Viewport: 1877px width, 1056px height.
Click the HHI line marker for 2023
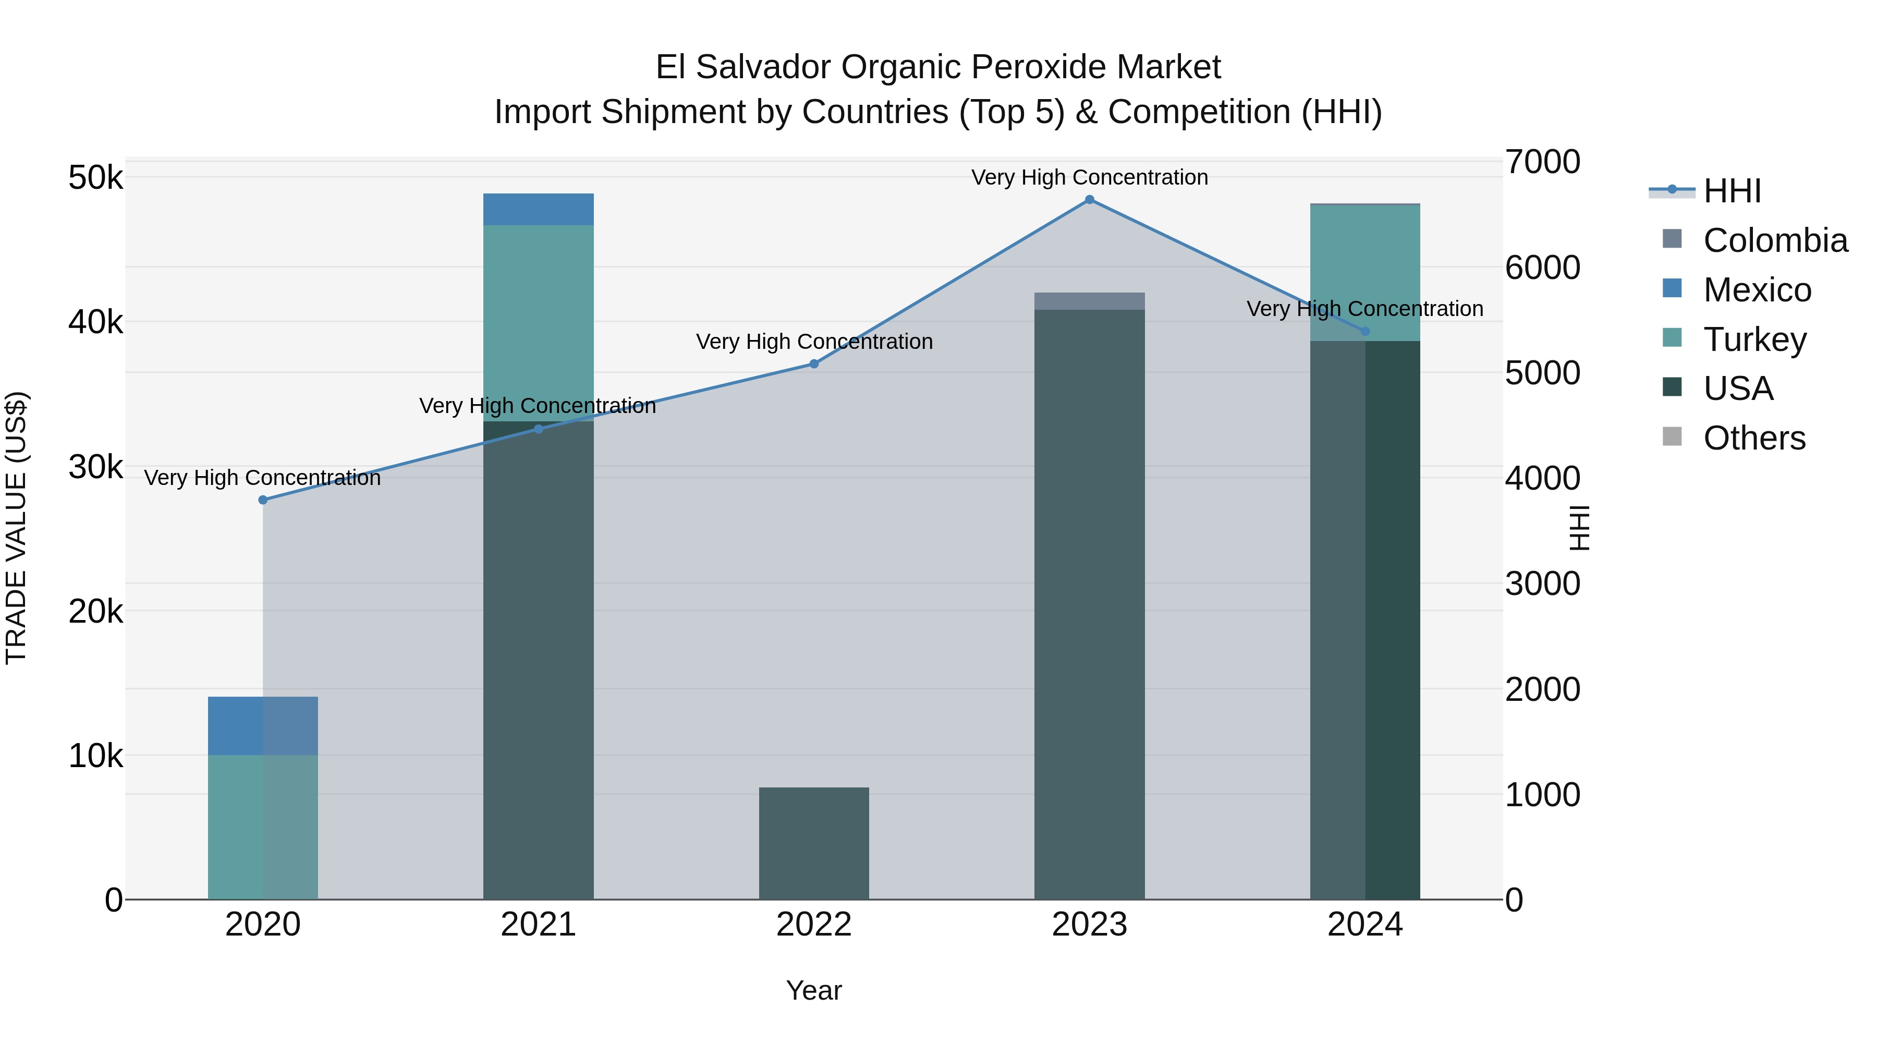click(1089, 200)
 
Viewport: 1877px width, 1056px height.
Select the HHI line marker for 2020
click(263, 500)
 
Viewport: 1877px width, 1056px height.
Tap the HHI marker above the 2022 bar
click(814, 363)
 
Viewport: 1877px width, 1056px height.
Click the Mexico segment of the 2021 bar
click(539, 209)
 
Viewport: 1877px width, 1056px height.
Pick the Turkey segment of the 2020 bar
click(263, 827)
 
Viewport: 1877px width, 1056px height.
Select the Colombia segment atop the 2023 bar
click(1089, 301)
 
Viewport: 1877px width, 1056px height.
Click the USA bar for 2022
click(814, 843)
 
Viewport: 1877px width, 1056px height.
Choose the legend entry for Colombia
click(1775, 240)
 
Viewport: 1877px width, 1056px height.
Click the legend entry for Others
click(1754, 438)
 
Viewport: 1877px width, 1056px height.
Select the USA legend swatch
click(1672, 387)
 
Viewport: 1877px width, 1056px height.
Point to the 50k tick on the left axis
click(95, 178)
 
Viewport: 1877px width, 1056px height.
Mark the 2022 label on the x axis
click(814, 925)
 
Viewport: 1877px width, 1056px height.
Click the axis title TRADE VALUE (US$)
click(16, 528)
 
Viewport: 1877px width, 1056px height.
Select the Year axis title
click(814, 990)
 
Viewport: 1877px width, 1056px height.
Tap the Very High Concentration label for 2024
click(1365, 309)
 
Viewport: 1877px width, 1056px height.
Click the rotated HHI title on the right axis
click(1578, 528)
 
